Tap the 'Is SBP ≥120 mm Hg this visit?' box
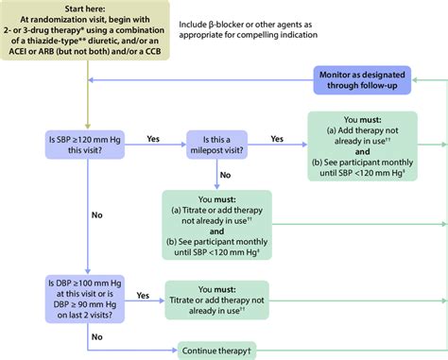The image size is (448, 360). coord(88,144)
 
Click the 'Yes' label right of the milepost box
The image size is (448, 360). coord(277,138)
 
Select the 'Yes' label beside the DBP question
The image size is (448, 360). coord(144,295)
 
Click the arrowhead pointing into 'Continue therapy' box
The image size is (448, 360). coord(173,347)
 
